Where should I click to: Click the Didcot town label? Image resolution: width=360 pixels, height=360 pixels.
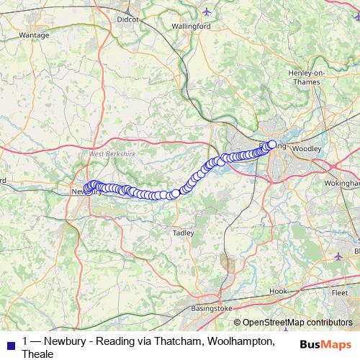127,20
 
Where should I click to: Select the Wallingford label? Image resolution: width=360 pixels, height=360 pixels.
191,26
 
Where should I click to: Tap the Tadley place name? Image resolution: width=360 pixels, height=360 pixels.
184,233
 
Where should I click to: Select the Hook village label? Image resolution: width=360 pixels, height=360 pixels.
277,290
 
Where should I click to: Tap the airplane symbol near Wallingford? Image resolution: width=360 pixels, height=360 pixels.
207,11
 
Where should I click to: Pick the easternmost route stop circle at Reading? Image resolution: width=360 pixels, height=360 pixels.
272,143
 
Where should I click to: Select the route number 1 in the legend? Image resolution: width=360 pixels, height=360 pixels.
26,341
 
